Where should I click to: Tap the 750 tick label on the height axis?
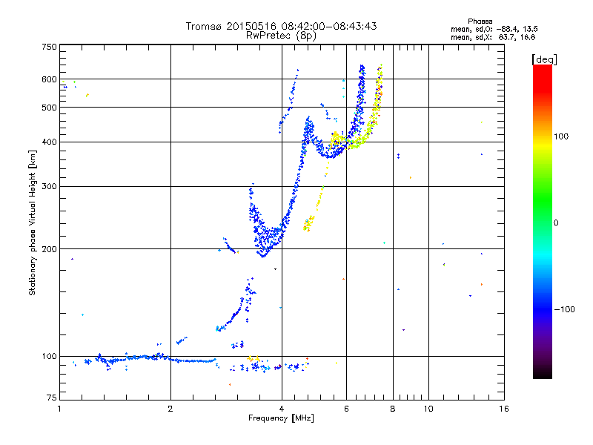(49, 47)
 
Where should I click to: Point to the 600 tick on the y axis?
(49, 79)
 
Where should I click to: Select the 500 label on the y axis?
(49, 107)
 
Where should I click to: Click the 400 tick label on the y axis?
(49, 142)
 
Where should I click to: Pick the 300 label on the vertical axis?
(49, 186)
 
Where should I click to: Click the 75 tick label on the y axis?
(51, 401)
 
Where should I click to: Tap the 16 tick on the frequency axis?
(503, 409)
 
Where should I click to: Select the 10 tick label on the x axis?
(428, 409)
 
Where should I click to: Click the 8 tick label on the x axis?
(393, 409)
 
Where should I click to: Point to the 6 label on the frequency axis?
(347, 409)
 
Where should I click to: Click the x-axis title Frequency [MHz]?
(282, 418)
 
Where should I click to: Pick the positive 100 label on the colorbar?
(560, 136)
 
